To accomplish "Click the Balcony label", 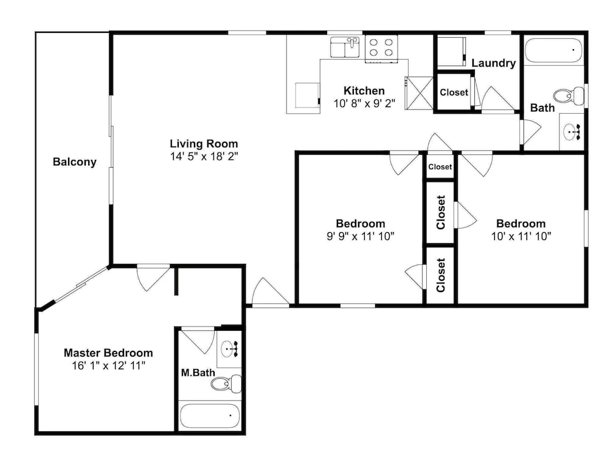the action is [x=74, y=162].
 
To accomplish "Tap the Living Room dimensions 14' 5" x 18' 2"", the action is [x=204, y=156].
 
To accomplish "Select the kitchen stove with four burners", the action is [x=381, y=49].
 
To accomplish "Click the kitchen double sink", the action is [x=345, y=47].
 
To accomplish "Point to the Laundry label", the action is [x=493, y=63].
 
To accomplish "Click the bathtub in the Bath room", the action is [x=553, y=50].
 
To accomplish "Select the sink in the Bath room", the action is [x=572, y=132].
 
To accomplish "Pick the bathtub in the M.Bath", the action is [x=210, y=416].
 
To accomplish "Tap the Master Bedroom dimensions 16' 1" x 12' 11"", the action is [x=109, y=365].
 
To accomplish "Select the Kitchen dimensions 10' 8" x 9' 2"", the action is [x=364, y=103].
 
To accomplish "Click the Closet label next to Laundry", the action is [x=454, y=92].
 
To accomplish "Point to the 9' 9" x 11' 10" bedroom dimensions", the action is [x=360, y=236].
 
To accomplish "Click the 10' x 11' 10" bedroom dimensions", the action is [x=521, y=236].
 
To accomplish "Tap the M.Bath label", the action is [x=198, y=373].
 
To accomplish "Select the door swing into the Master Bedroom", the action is [x=153, y=278].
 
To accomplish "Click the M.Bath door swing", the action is [x=198, y=340].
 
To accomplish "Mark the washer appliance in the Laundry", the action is [x=451, y=52].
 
